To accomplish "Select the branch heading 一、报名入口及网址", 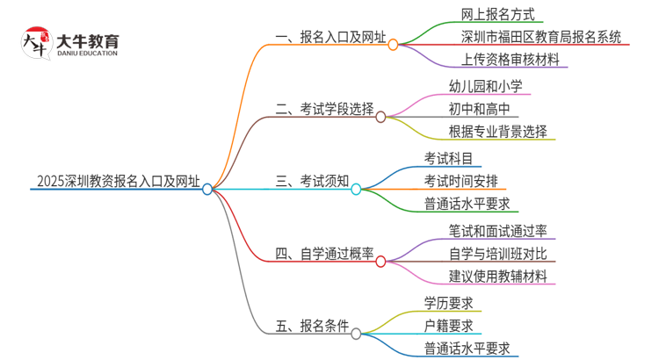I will [x=330, y=38].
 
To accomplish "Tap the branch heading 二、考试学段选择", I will [x=324, y=109].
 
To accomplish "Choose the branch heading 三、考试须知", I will [x=312, y=182].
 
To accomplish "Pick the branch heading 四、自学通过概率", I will [x=324, y=255].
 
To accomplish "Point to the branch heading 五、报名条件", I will [x=312, y=327].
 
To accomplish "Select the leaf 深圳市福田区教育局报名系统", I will [x=541, y=37].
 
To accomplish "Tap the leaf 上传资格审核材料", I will [x=509, y=61].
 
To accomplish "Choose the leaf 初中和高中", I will [x=478, y=109].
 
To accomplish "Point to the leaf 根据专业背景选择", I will [x=496, y=132].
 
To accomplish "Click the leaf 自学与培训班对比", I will [x=497, y=254].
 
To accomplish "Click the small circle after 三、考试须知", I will [x=356, y=189].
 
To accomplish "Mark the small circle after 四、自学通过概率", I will [x=380, y=262].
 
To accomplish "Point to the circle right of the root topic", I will [x=207, y=189].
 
